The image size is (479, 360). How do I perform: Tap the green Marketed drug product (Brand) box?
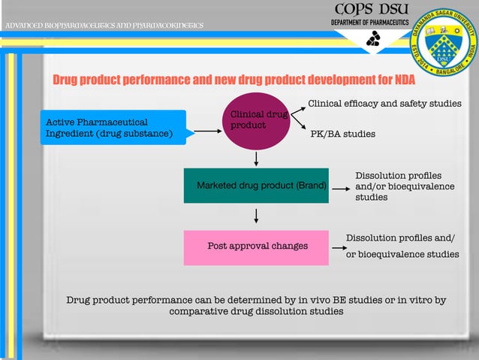coord(256,186)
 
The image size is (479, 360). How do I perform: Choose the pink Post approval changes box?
coord(256,247)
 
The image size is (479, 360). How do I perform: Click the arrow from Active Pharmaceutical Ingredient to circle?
coord(207,131)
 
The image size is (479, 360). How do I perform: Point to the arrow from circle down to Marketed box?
coord(257,159)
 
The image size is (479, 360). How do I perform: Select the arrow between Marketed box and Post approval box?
coord(257,216)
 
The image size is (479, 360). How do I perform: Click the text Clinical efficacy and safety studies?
coord(384,104)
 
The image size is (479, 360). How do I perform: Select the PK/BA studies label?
coord(342,135)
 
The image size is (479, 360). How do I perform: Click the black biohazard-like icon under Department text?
coord(372,41)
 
